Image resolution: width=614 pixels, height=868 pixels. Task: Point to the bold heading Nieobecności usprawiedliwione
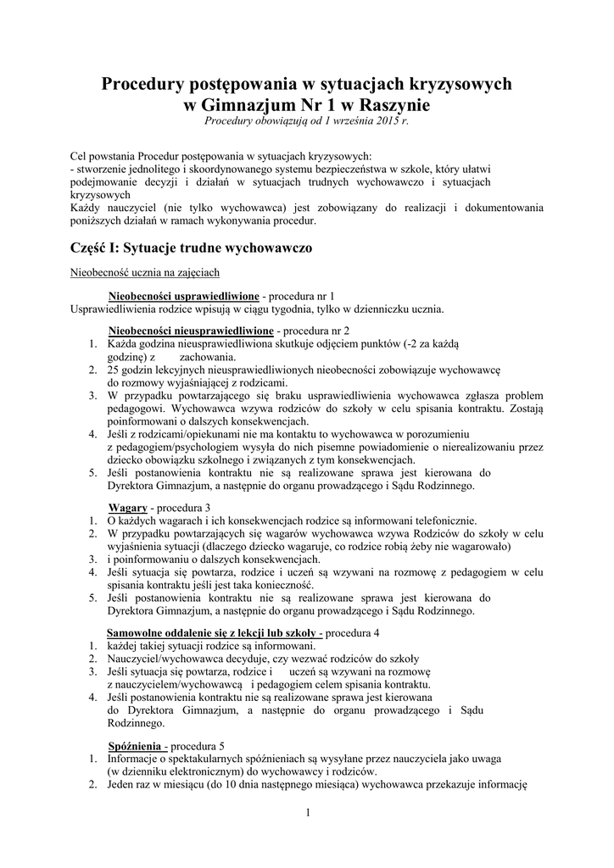coord(184,296)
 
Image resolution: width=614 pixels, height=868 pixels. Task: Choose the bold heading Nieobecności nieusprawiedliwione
coord(191,330)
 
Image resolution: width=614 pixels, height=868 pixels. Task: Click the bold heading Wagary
coord(127,507)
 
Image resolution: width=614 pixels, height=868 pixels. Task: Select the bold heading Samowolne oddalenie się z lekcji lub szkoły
coord(214,633)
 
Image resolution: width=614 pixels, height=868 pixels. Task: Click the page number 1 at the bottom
coord(308,814)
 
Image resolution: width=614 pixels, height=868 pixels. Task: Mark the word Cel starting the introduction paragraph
coord(79,156)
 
